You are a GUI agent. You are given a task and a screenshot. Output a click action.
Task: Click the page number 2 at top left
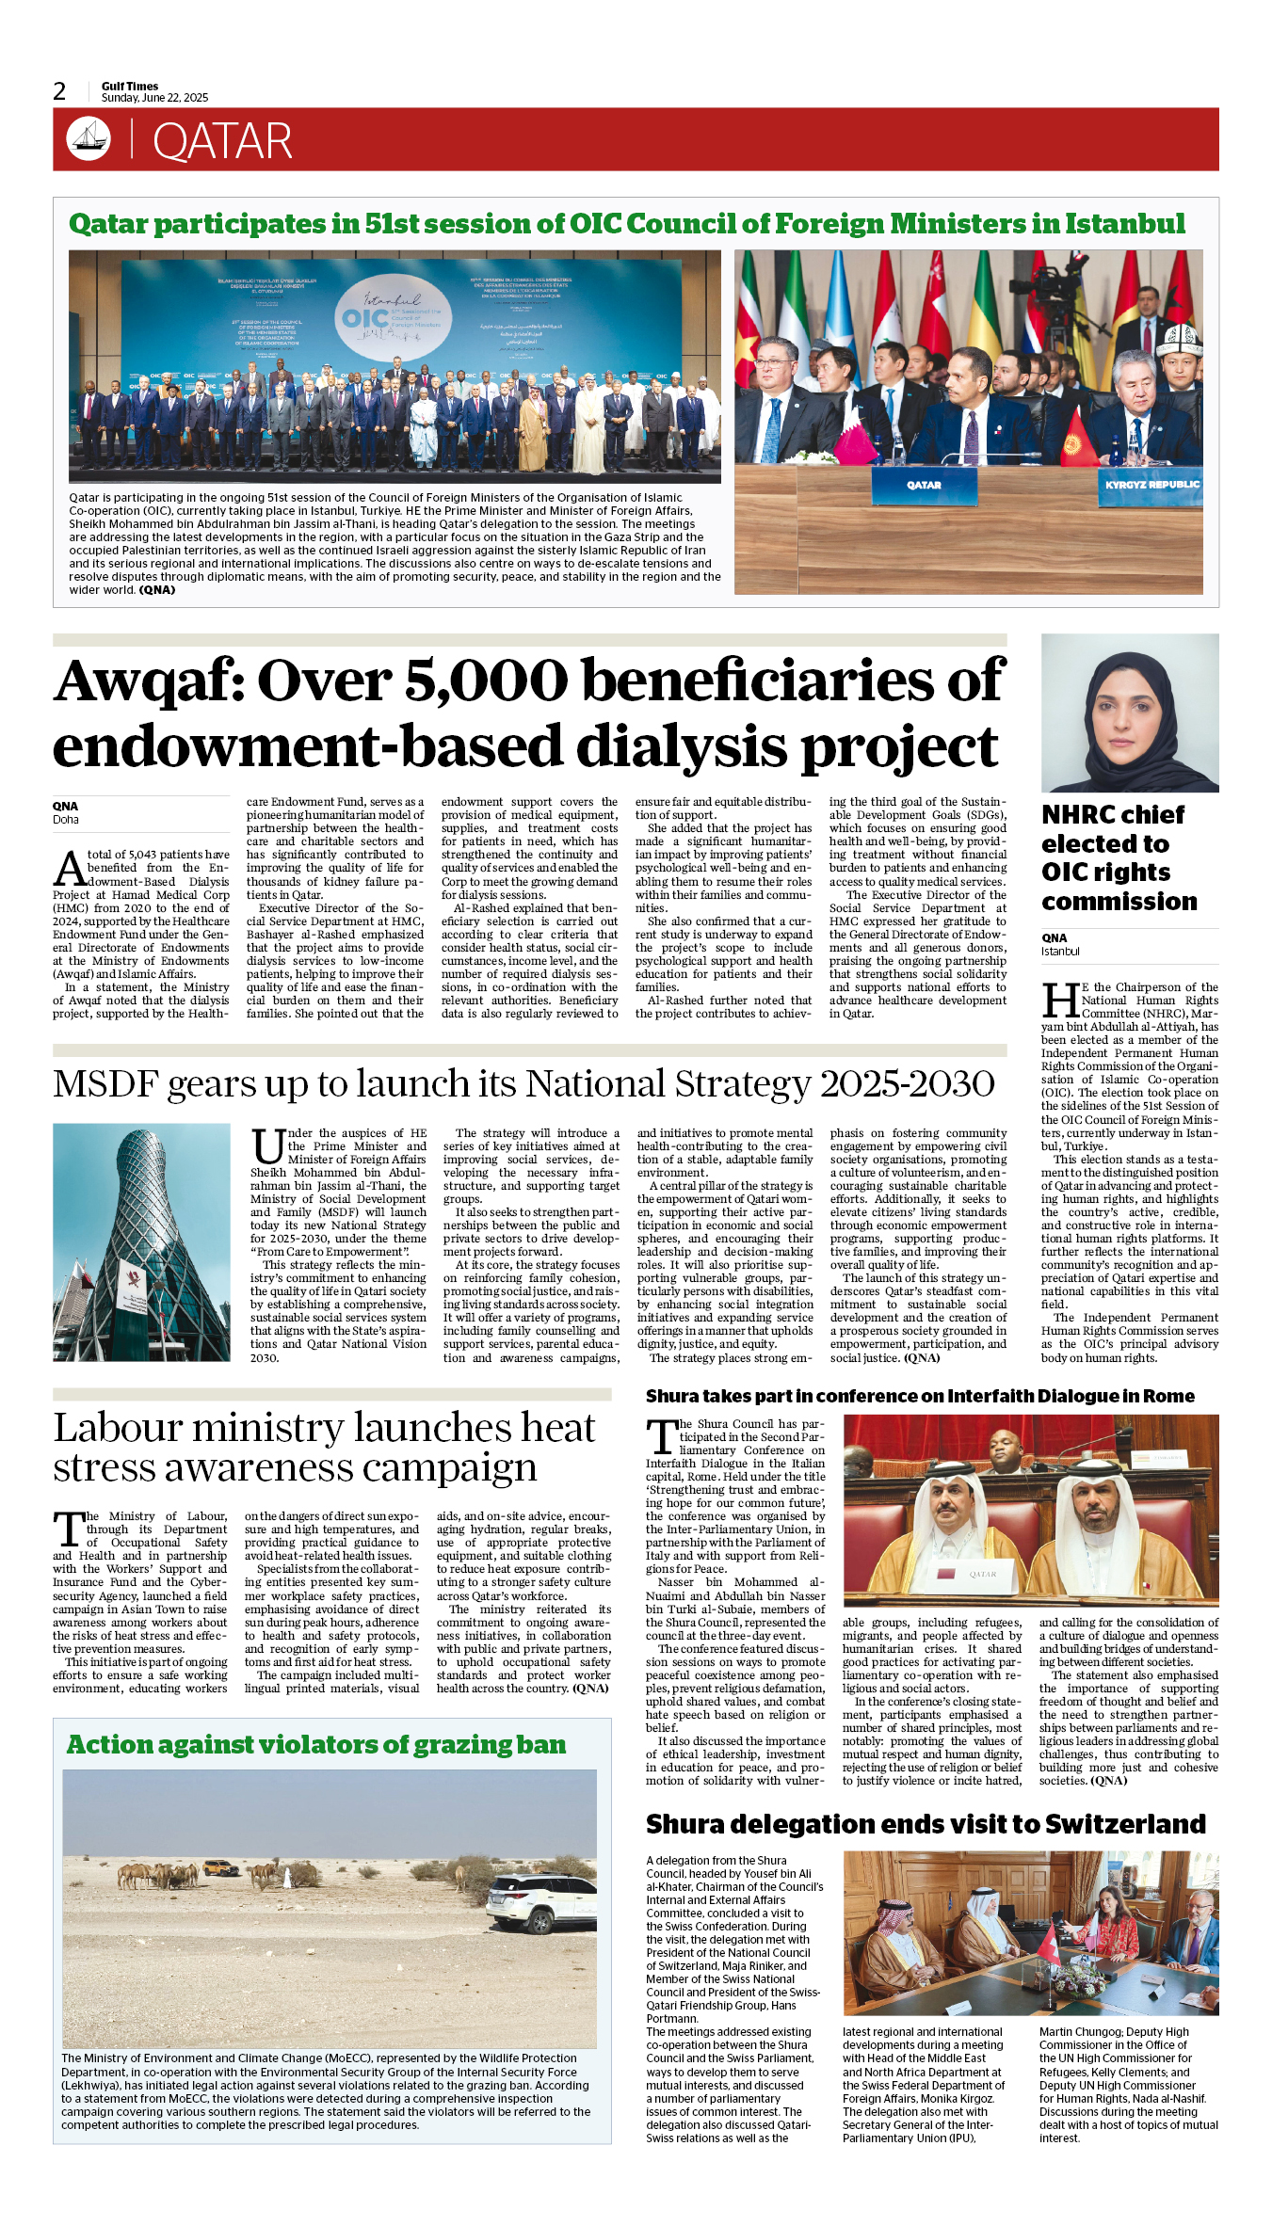59,91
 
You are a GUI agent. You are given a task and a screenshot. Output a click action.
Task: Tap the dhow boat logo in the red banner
89,139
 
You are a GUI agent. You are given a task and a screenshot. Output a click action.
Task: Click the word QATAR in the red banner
222,142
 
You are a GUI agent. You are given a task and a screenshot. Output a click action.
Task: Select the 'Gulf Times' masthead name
130,86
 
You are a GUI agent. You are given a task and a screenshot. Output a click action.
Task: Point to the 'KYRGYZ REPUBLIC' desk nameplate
1151,485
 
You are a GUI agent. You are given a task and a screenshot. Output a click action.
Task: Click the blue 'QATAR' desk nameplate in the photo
924,486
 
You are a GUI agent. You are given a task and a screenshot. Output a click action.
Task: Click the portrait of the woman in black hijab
1129,713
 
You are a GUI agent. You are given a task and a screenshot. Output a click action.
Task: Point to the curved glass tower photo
141,1241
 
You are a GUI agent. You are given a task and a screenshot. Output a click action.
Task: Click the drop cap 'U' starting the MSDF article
267,1147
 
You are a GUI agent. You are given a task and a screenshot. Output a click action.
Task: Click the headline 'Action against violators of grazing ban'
316,1745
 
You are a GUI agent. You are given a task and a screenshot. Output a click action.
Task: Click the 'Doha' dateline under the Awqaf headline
66,820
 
